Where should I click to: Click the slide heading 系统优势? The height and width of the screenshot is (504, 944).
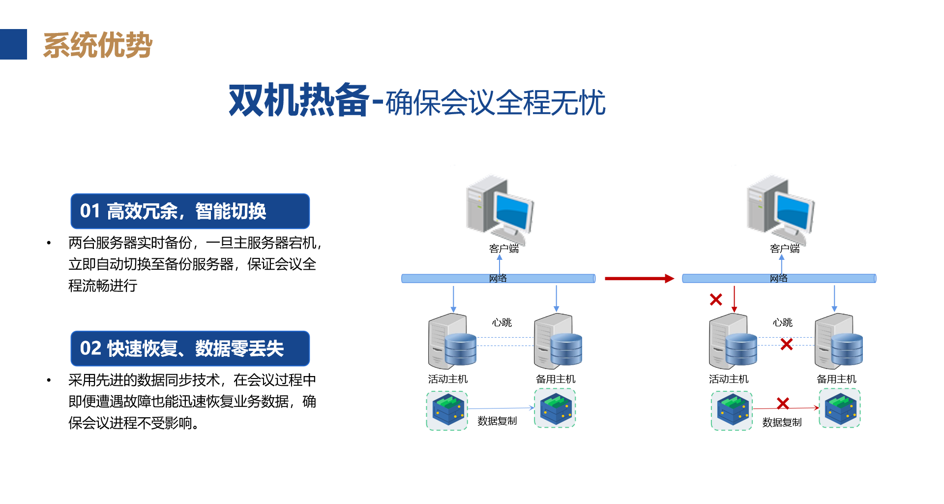97,45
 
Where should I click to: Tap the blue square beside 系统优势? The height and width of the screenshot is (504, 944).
13,44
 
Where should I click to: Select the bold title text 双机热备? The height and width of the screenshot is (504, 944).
298,100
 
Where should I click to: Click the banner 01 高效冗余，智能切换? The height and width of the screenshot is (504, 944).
190,211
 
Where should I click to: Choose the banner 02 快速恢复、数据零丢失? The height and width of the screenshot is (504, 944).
190,348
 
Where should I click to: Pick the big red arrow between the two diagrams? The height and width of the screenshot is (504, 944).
639,279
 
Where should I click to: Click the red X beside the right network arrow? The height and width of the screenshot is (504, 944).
716,299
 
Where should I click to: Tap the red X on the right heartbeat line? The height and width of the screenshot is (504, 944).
787,344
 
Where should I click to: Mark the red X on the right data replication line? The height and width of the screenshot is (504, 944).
783,404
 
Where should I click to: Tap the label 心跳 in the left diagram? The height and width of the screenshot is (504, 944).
502,322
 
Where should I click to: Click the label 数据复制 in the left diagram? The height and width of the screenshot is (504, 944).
497,421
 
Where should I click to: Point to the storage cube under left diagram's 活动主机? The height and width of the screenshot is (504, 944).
447,410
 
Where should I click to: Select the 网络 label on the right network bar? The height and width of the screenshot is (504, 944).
779,279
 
